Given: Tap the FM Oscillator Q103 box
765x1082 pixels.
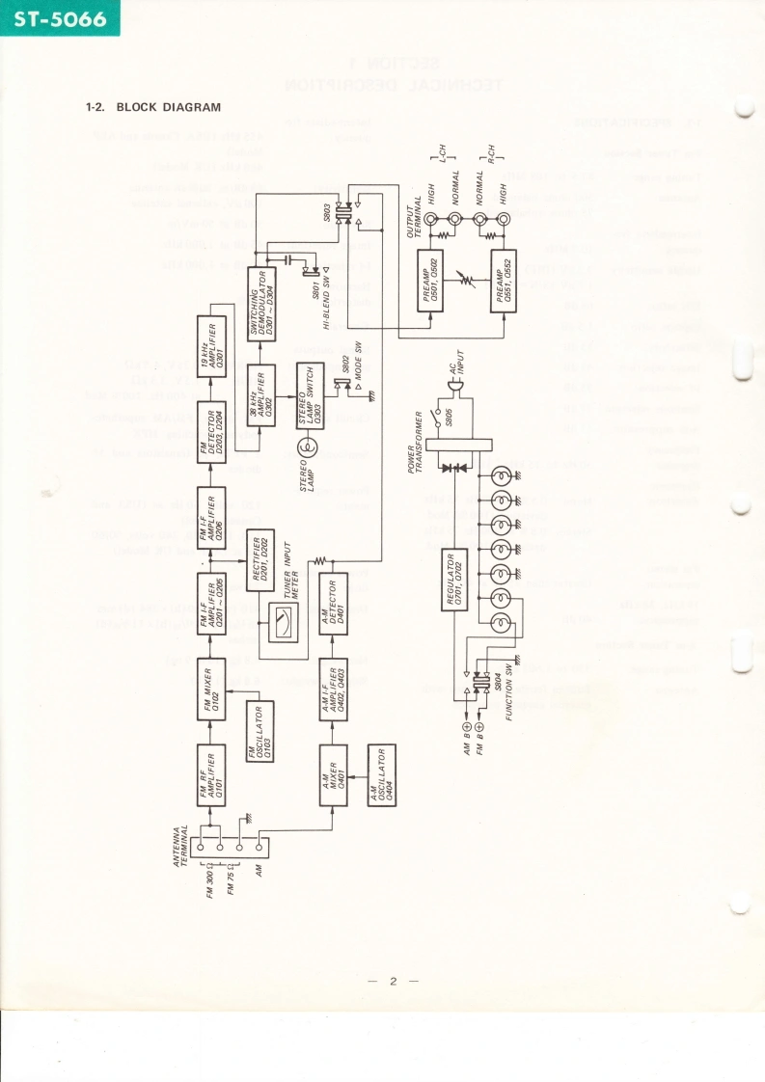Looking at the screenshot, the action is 260,732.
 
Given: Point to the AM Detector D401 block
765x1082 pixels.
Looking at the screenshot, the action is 333,604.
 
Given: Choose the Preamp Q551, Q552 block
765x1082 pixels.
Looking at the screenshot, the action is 505,280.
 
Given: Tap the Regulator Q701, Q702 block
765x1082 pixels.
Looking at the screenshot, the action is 456,581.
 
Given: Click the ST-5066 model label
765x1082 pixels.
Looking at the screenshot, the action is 60,18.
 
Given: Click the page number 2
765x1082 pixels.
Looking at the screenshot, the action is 393,983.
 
